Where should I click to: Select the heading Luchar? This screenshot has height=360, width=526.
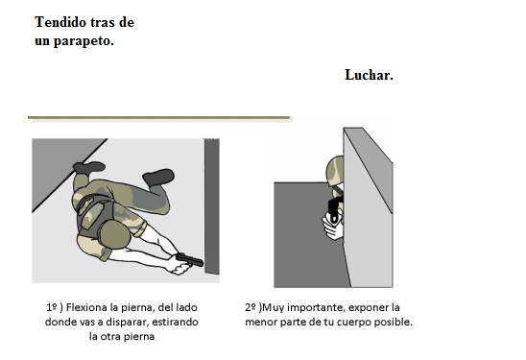click(369, 75)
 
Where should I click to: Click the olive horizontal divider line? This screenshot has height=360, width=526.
click(158, 117)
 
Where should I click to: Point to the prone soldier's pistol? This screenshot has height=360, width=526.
click(189, 259)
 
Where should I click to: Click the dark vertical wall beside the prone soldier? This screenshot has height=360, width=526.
click(212, 206)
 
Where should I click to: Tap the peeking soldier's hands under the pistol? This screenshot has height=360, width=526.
click(332, 227)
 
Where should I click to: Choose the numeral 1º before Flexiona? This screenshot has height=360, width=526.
click(51, 307)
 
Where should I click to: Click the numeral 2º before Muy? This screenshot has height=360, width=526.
click(251, 307)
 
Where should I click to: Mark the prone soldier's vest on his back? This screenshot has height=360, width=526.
click(93, 213)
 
